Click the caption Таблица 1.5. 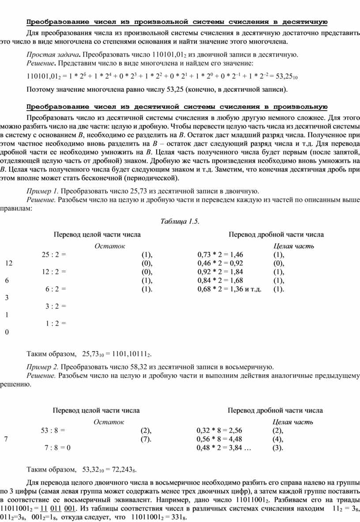tap(180, 222)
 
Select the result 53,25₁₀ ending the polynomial tap(273, 77)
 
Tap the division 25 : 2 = tap(54, 255)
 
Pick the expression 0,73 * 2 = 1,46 tap(220, 255)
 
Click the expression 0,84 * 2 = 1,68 tap(220, 281)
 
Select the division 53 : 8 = tap(53, 431)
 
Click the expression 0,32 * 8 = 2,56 tap(219, 431)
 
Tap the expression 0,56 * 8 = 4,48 tap(219, 439)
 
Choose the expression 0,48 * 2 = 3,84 tap(219, 448)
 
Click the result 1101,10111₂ tap(130, 354)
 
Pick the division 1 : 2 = tap(56, 323)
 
